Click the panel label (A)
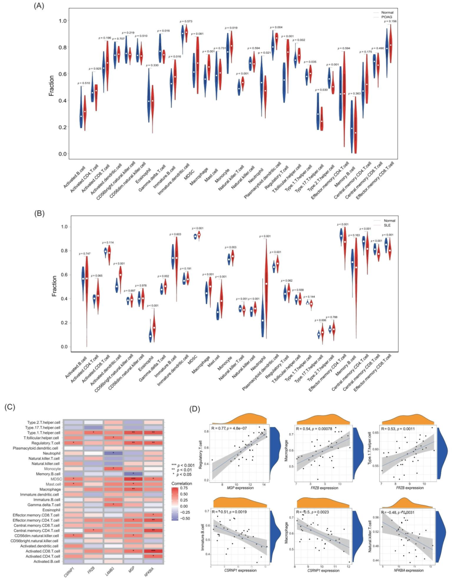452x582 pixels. (x=39, y=6)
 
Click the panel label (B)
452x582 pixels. (x=39, y=213)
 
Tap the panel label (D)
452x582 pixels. (x=195, y=409)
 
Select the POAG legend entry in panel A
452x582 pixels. (x=386, y=17)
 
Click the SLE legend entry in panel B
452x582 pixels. (x=387, y=225)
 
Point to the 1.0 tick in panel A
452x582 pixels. (x=62, y=21)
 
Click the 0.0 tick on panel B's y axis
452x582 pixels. (x=64, y=347)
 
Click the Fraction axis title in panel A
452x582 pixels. (x=51, y=86)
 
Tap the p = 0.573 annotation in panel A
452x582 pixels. (x=186, y=21)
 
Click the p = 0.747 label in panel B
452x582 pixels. (x=85, y=254)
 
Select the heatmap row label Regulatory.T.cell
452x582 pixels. (x=46, y=443)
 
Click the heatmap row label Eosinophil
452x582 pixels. (x=51, y=510)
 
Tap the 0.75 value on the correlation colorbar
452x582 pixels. (x=184, y=488)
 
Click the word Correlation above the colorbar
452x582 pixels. (x=182, y=484)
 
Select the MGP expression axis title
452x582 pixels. (x=240, y=488)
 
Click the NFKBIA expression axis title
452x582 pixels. (x=408, y=570)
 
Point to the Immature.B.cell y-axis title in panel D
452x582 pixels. (x=203, y=538)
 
